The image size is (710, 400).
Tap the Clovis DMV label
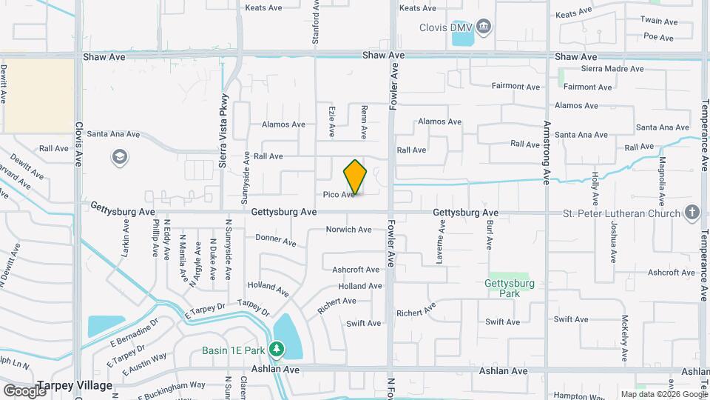coord(445,28)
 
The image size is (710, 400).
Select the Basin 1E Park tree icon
coord(277,348)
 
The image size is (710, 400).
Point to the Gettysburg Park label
coord(510,288)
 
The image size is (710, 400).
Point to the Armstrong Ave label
coord(547,152)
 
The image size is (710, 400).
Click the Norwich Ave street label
coord(348,230)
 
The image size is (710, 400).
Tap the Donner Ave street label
coord(275,240)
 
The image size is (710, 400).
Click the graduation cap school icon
coord(118,157)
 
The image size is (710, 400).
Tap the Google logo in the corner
coord(24,390)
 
